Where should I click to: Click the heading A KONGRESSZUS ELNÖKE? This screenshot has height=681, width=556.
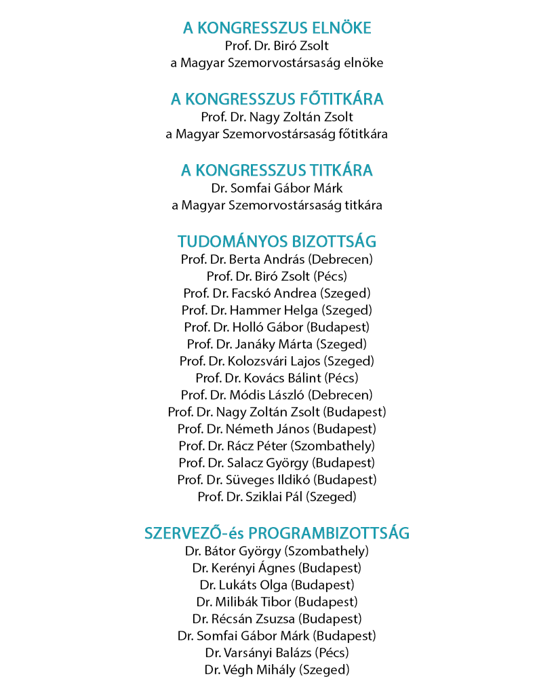coord(277,28)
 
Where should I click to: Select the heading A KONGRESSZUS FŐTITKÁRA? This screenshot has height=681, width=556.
coord(277,100)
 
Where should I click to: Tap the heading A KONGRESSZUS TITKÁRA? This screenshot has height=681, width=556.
coord(277,171)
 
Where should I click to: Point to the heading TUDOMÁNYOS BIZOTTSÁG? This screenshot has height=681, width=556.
coord(277,242)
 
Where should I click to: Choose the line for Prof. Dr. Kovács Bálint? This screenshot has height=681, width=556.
coord(277,378)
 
